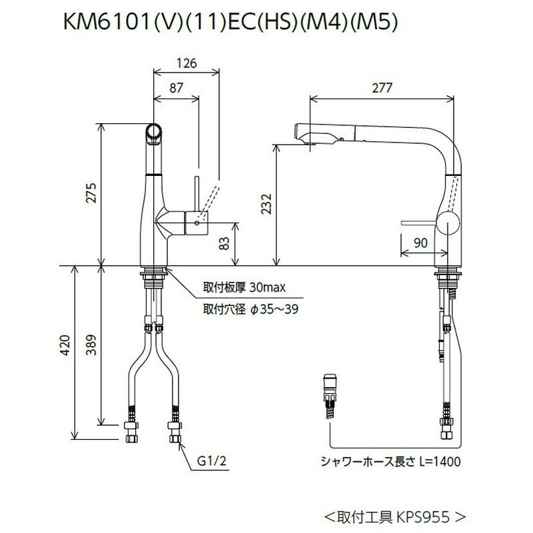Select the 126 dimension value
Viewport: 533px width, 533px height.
pyautogui.click(x=187, y=64)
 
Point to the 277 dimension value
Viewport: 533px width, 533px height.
pyautogui.click(x=382, y=87)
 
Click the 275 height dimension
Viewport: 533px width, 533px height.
pyautogui.click(x=92, y=193)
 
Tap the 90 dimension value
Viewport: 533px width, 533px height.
pyautogui.click(x=420, y=244)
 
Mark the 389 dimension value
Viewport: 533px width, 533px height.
pyautogui.click(x=92, y=346)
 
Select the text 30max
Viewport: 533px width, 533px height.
pyautogui.click(x=268, y=288)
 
